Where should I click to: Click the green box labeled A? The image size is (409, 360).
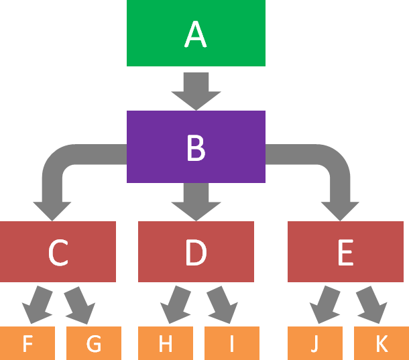click(196, 34)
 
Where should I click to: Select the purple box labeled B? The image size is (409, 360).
click(196, 147)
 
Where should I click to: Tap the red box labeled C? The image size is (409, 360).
click(58, 251)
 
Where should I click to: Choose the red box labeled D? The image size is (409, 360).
click(196, 251)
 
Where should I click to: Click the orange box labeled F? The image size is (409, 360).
click(27, 343)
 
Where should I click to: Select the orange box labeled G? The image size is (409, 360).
click(94, 343)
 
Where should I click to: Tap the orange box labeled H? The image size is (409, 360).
click(166, 343)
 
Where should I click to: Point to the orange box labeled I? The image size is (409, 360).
click(231, 343)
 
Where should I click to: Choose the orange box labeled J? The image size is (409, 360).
click(315, 343)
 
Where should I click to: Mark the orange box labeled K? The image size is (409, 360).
click(382, 343)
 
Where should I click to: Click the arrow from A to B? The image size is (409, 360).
click(196, 88)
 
